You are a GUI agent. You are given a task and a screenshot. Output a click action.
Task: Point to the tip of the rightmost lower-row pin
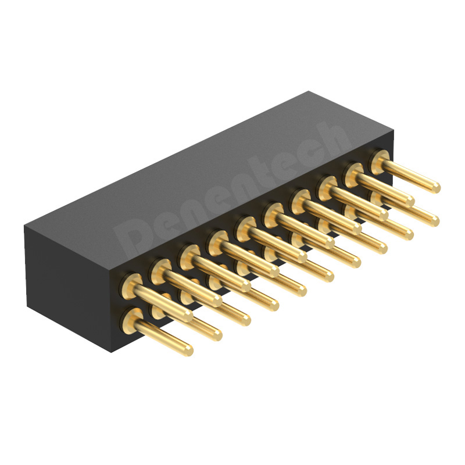(x=434, y=221)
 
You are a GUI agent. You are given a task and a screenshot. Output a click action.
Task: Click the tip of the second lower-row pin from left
(x=216, y=334)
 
